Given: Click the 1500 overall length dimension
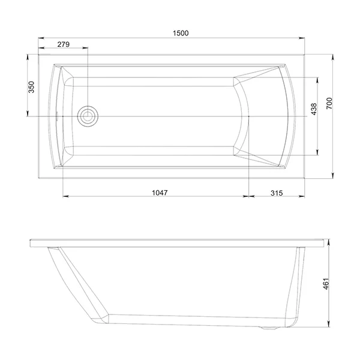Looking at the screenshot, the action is point(181,33).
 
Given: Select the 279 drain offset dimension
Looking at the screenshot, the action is point(64,44).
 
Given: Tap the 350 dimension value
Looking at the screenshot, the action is point(31,87).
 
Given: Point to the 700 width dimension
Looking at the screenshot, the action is point(329,103).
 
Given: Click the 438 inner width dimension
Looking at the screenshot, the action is point(314,109).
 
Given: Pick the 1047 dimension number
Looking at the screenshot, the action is point(160,193).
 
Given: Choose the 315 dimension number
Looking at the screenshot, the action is point(277,193).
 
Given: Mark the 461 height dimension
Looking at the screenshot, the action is point(326,284).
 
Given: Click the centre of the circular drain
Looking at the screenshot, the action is point(88,116).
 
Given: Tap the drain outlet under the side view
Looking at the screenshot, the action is point(269,328).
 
